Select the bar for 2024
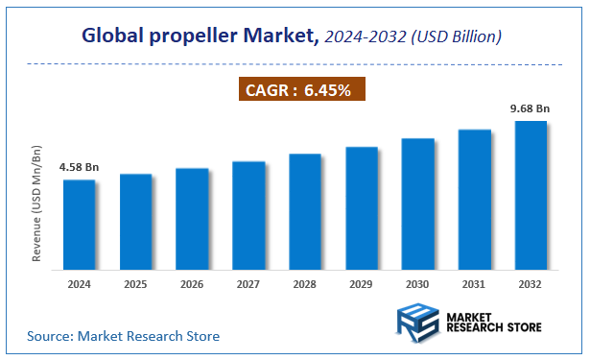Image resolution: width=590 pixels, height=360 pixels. [80, 223]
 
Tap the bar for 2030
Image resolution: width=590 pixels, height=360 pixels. [417, 203]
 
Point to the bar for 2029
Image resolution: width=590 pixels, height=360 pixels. [361, 206]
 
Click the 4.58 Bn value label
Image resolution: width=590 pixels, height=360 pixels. [79, 167]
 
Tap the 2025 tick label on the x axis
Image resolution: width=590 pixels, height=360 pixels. [135, 284]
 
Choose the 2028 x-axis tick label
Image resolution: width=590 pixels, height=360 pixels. [305, 284]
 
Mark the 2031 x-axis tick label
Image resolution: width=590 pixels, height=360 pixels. [474, 284]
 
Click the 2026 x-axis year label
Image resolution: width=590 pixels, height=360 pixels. [192, 284]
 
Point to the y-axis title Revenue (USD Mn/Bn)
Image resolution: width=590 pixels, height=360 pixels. [37, 205]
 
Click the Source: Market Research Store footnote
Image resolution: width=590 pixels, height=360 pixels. [123, 336]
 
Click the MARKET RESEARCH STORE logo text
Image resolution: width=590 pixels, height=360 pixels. [493, 321]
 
